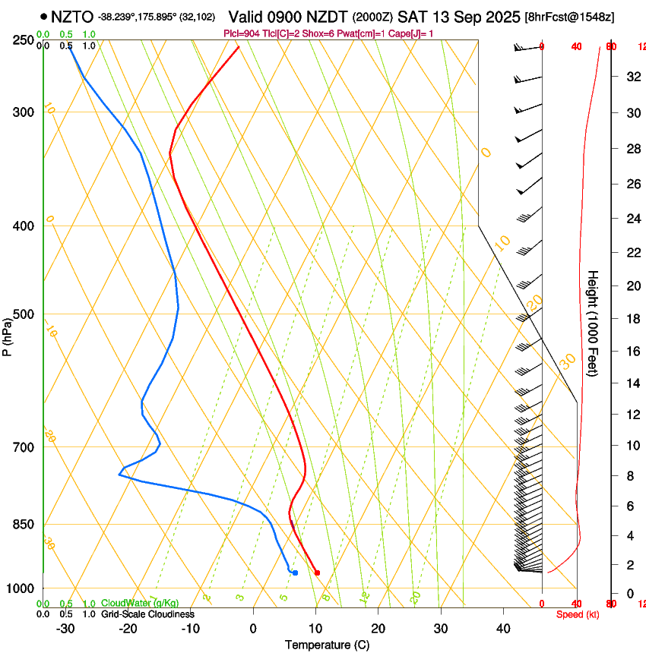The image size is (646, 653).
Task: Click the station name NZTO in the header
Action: [x=72, y=16]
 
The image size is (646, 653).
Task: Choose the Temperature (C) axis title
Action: [x=327, y=645]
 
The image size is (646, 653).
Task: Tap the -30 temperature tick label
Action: [x=65, y=628]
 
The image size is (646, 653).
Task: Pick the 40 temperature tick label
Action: [x=503, y=628]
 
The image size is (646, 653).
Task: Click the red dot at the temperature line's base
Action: [x=317, y=573]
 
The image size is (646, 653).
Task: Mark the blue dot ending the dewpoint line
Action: [x=295, y=573]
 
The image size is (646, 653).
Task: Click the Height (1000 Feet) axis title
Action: [x=594, y=323]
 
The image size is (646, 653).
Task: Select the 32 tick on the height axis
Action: [x=632, y=77]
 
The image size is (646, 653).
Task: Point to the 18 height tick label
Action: [x=632, y=319]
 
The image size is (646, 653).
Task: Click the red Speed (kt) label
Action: [x=578, y=614]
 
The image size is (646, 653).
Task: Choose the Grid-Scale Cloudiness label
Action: [x=147, y=614]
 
